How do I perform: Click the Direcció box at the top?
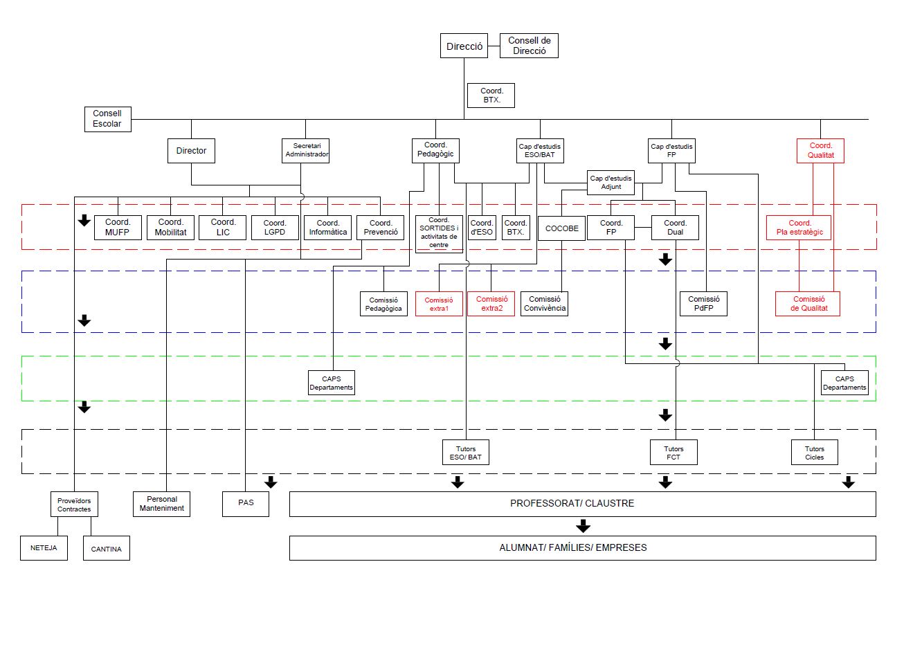[464, 46]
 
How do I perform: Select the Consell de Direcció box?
[529, 46]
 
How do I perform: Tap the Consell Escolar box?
[107, 119]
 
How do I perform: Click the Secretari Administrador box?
[306, 150]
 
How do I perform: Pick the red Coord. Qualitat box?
[820, 150]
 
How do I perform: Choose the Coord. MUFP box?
[118, 228]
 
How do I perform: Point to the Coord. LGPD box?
[275, 228]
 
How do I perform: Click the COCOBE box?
[561, 228]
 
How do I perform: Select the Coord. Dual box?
[675, 228]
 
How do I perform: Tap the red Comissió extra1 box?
[439, 304]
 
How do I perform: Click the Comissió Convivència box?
[544, 304]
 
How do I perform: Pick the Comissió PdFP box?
[703, 304]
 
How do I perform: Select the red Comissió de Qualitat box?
[808, 304]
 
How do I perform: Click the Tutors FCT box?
[674, 453]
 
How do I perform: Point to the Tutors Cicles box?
[815, 453]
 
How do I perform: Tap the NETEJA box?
[44, 547]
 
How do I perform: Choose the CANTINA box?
[106, 549]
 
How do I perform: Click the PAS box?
[246, 503]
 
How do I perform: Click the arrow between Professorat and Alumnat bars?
[583, 527]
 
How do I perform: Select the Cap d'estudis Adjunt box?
[611, 183]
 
